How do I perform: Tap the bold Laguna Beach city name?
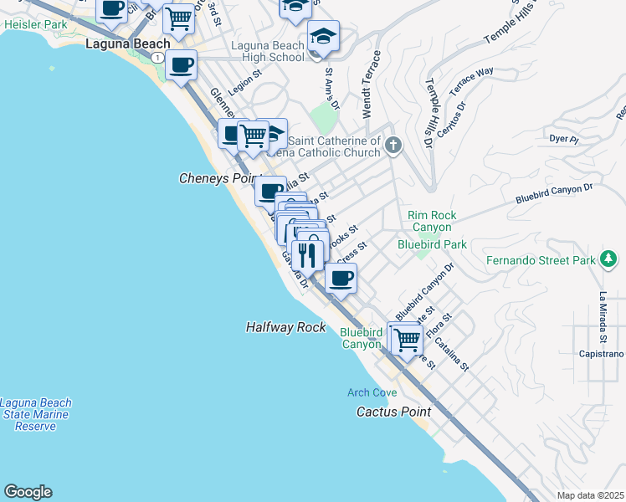pyautogui.click(x=128, y=44)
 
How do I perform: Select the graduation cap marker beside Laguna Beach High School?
pyautogui.click(x=322, y=38)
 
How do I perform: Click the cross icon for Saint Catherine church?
pyautogui.click(x=393, y=147)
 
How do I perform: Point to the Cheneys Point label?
pyautogui.click(x=215, y=178)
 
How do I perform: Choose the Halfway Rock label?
pyautogui.click(x=285, y=327)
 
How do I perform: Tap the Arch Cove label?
pyautogui.click(x=372, y=392)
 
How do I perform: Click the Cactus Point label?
pyautogui.click(x=393, y=412)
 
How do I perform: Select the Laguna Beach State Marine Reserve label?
pyautogui.click(x=35, y=414)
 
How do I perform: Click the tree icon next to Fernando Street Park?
pyautogui.click(x=608, y=260)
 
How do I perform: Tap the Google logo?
pyautogui.click(x=28, y=492)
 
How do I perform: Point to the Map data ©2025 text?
pyautogui.click(x=591, y=495)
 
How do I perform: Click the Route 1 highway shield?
pyautogui.click(x=156, y=57)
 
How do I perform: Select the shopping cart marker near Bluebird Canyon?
pyautogui.click(x=406, y=340)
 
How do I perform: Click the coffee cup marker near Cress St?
pyautogui.click(x=341, y=277)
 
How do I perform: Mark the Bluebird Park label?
pyautogui.click(x=431, y=244)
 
